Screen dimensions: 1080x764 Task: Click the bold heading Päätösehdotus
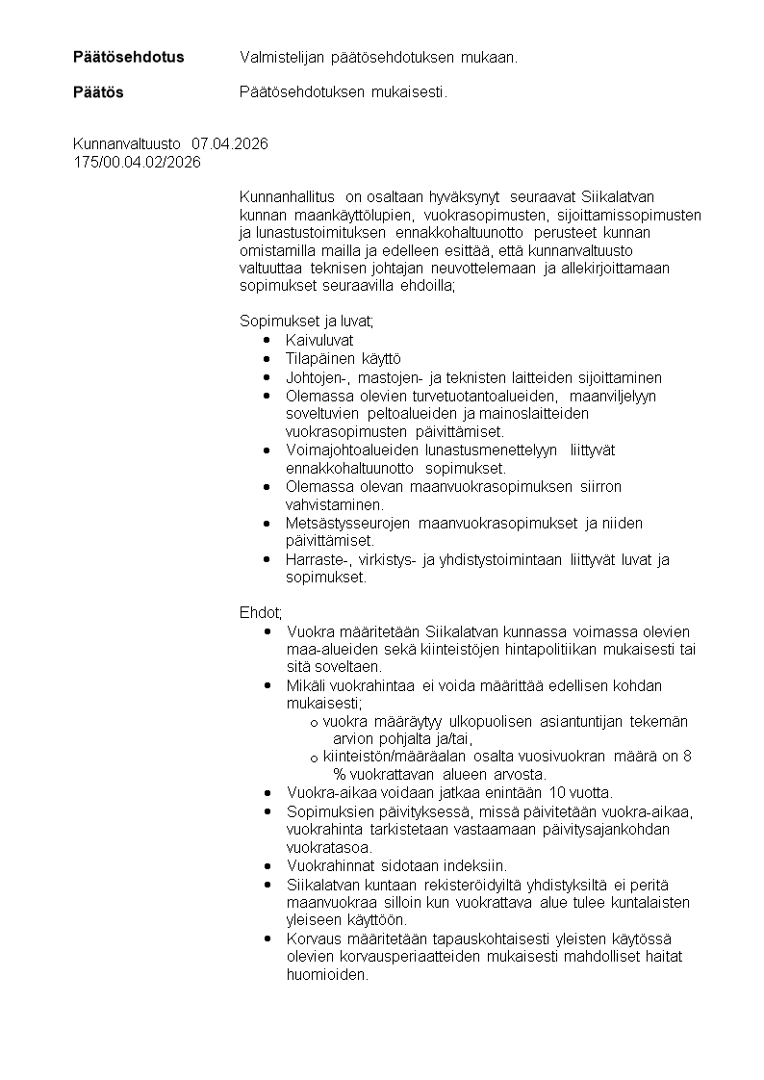[128, 57]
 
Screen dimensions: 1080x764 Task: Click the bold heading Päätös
[98, 93]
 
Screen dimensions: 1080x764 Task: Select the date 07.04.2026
[229, 143]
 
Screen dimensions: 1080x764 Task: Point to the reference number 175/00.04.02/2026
[137, 162]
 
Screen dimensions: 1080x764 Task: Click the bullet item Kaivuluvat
[319, 340]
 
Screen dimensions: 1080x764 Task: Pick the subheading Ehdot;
[261, 612]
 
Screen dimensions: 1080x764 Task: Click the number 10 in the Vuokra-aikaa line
[556, 792]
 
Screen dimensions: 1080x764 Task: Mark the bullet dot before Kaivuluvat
[266, 340]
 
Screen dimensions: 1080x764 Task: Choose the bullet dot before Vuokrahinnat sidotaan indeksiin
[266, 865]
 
